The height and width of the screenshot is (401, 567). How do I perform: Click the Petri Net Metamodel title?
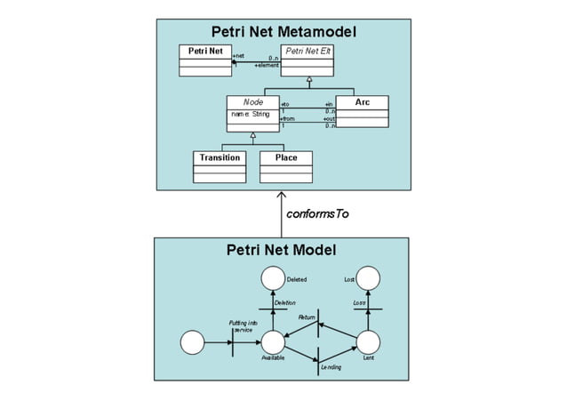coord(283,32)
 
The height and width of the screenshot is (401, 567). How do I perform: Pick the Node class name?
coord(252,103)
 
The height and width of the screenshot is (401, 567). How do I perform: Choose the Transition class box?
coord(219,166)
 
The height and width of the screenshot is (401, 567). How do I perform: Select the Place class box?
coord(286,166)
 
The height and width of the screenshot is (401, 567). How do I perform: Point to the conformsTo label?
coord(317,214)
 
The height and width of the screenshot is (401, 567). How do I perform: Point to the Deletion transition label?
coord(284,303)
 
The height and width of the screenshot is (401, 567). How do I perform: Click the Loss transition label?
coord(359,303)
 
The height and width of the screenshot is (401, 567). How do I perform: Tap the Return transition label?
coord(307,317)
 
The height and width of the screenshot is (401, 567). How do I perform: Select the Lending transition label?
coord(331,367)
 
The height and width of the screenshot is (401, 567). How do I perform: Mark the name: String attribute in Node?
coord(251,114)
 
